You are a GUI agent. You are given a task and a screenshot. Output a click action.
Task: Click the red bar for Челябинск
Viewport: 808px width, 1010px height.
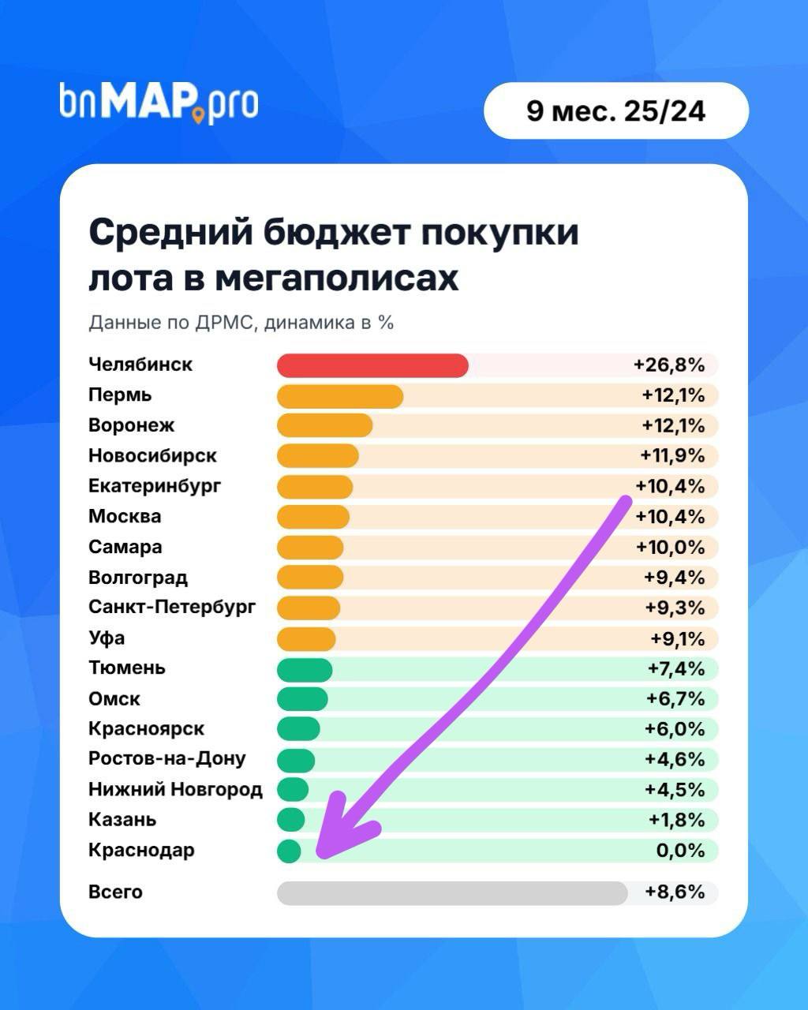[372, 365]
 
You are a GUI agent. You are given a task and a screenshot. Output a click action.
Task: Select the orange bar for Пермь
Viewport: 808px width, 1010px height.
[340, 395]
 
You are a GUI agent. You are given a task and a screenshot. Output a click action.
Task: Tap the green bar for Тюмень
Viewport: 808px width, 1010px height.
[305, 669]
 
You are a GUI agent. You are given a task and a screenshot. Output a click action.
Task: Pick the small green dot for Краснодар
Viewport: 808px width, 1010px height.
[289, 851]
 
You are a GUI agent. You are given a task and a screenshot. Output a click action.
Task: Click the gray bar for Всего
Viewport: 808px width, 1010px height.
[452, 892]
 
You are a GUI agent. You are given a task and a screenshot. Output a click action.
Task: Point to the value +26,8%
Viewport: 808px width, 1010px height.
[668, 365]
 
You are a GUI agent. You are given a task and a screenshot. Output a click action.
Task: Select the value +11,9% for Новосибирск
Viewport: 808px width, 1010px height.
[672, 456]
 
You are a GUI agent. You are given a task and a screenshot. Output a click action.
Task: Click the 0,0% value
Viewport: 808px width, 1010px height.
[680, 851]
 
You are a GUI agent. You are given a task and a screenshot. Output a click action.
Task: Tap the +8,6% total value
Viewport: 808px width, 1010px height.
[675, 892]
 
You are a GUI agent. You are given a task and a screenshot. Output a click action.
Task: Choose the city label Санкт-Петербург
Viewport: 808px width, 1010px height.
[172, 608]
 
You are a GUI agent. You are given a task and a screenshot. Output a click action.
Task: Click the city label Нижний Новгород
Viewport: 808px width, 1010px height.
[175, 790]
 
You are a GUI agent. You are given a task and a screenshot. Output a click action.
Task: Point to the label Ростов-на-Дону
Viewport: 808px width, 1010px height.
[167, 759]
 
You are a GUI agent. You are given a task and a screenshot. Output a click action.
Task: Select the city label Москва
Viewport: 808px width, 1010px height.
[125, 517]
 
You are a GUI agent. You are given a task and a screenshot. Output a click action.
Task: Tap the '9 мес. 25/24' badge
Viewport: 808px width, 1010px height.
[615, 111]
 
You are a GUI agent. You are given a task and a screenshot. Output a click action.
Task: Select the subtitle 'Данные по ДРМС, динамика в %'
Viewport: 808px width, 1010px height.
[241, 323]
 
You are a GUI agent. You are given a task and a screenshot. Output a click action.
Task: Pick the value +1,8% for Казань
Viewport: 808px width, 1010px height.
[676, 820]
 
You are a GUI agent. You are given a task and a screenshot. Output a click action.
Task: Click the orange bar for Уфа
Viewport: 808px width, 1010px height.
[306, 638]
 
